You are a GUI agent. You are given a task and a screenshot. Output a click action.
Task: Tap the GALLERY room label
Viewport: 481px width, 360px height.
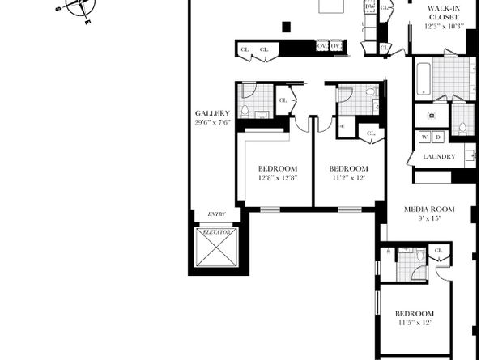212,113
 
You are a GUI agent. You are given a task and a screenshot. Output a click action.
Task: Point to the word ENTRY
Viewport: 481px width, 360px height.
216,214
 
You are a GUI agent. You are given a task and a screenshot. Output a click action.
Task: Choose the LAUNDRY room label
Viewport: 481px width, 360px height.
438,156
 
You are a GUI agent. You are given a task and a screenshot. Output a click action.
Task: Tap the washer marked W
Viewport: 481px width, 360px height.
425,138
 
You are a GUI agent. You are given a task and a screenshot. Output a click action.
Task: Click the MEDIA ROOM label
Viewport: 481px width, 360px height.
429,210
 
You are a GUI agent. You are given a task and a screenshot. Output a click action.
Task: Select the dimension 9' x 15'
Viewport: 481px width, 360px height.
429,218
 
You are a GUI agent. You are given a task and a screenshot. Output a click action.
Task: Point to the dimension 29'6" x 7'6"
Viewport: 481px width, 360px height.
212,123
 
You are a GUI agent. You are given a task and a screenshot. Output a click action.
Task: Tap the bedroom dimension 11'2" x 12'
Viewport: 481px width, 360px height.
347,177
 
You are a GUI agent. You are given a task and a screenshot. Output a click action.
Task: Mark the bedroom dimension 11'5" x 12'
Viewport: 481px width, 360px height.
414,323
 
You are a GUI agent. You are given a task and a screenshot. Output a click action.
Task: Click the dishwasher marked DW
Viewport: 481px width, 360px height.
370,6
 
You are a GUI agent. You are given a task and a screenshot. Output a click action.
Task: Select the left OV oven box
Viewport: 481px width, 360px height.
322,47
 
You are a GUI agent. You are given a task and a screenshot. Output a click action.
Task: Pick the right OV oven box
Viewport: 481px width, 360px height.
336,47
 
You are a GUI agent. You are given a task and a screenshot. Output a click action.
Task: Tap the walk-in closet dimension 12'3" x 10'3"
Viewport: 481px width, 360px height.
444,26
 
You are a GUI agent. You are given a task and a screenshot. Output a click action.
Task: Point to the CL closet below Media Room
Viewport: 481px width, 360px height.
438,252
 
